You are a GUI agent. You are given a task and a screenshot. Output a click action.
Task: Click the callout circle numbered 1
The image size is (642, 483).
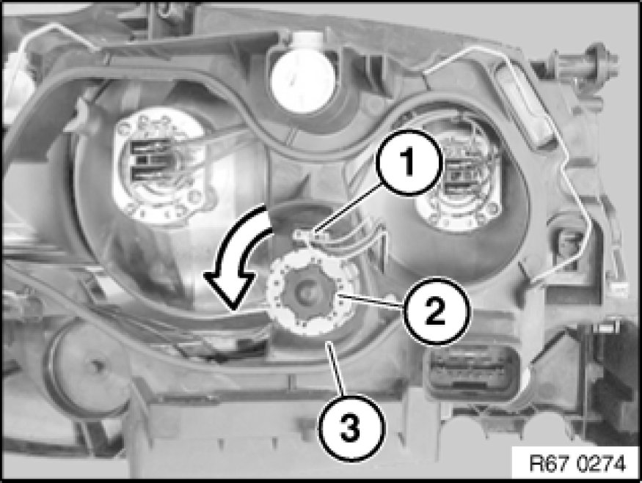click(x=408, y=163)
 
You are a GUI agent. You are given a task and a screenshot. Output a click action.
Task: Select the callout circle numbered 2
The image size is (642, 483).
click(x=437, y=311)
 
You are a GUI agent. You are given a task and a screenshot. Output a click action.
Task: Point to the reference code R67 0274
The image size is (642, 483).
click(x=577, y=464)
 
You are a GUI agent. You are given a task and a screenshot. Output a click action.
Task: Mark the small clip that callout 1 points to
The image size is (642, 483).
click(x=311, y=236)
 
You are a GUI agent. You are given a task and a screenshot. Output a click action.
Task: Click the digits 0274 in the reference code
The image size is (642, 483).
click(x=602, y=464)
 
